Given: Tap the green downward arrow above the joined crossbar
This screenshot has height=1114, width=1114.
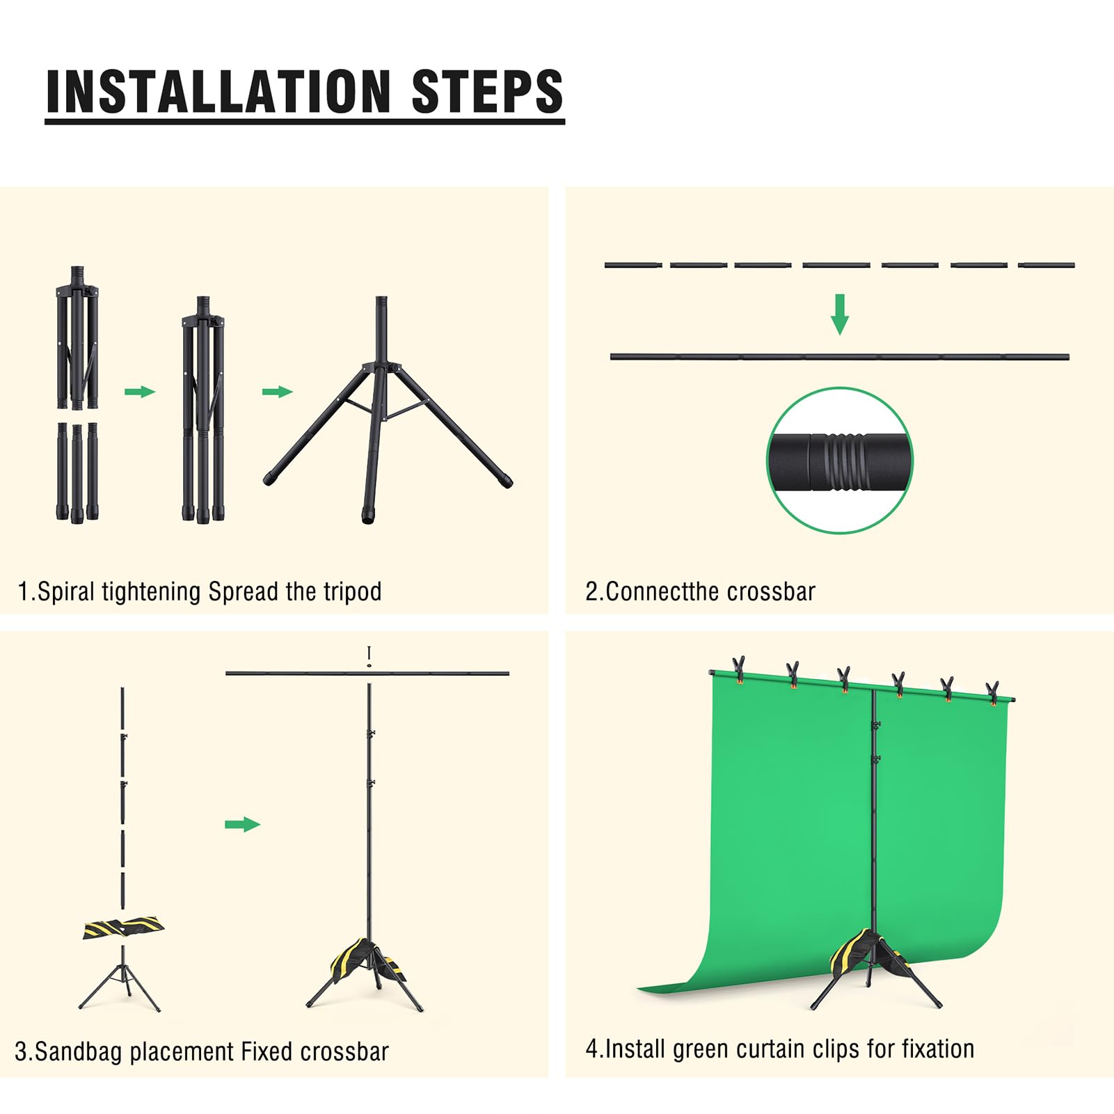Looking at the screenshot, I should (840, 314).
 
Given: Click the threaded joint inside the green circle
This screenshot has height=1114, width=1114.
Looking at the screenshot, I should (840, 461).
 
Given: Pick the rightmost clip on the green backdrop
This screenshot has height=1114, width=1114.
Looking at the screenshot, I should (992, 693).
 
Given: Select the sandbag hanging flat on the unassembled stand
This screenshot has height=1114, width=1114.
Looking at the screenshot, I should (123, 928).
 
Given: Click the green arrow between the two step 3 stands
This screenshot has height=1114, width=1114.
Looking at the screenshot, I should (242, 825).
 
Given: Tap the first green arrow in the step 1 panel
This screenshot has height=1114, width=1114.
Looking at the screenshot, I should (140, 392).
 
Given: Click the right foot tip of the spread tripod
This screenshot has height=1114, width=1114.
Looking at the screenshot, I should (506, 481).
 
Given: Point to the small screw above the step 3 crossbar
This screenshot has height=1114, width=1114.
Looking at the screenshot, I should (369, 656).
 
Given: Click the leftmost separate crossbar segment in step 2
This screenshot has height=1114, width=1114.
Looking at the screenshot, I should (632, 265).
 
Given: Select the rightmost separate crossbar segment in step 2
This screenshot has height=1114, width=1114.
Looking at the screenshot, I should (1046, 265).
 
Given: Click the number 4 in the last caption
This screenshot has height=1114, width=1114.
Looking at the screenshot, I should (591, 1049).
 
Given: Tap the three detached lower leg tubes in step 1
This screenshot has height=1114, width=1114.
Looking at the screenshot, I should (77, 472).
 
